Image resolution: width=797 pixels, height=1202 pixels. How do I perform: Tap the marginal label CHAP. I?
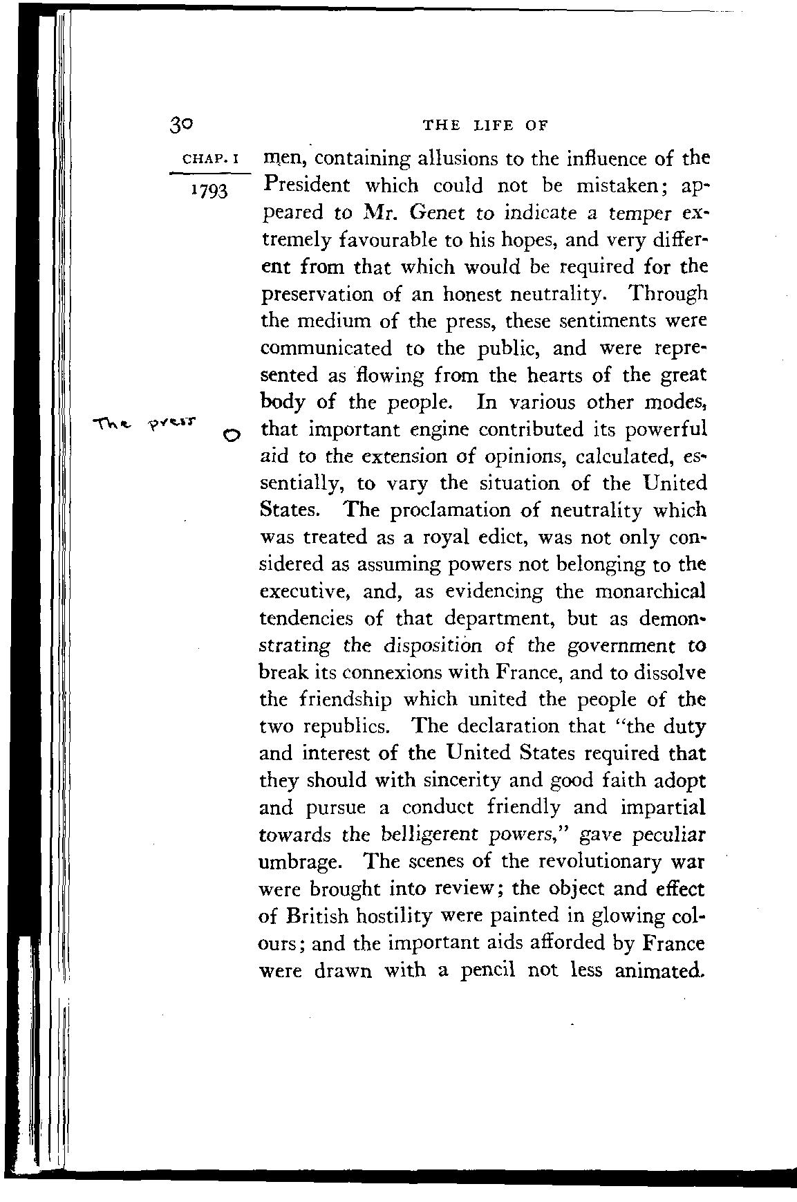tap(209, 161)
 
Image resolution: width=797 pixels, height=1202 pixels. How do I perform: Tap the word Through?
tap(669, 294)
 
